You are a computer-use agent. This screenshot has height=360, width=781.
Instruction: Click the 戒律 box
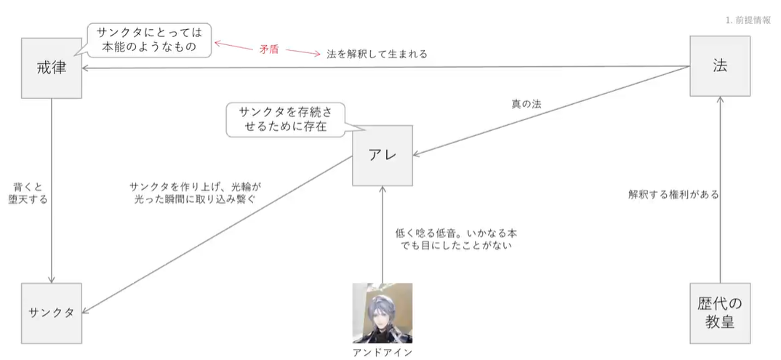51,68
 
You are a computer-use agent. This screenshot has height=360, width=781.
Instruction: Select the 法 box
720,65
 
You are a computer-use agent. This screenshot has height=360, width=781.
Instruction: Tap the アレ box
383,156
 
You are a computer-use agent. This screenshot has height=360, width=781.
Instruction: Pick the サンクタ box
52,313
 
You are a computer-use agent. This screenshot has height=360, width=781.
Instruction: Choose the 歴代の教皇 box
720,313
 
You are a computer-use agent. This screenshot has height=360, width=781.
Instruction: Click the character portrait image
383,313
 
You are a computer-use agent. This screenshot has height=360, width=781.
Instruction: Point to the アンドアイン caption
383,352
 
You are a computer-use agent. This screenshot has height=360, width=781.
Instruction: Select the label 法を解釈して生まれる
377,54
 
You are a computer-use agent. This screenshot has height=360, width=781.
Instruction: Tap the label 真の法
526,104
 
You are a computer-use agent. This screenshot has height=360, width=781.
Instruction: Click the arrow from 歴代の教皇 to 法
720,189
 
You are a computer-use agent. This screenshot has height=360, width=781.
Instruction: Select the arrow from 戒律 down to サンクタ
52,189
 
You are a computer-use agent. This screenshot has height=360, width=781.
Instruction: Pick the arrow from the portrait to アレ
383,233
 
